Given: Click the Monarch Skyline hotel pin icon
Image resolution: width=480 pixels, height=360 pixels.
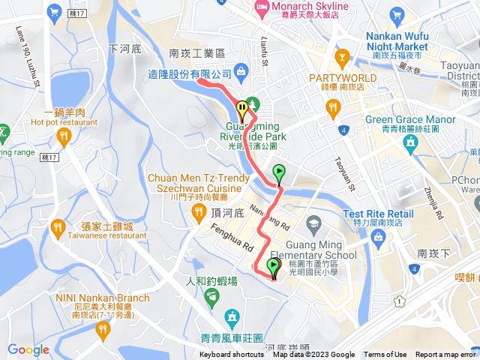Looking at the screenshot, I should pyautogui.click(x=262, y=8).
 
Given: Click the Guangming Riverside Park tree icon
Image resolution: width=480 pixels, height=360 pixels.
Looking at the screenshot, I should pyautogui.click(x=253, y=103).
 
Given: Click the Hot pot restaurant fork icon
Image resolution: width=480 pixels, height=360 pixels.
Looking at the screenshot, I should pyautogui.click(x=63, y=136).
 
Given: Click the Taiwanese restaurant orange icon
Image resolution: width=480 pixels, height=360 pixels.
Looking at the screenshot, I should pyautogui.click(x=58, y=226).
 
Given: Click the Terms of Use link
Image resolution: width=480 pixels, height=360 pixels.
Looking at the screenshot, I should pyautogui.click(x=385, y=355).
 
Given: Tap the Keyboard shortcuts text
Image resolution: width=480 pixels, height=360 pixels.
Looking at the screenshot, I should pyautogui.click(x=231, y=355).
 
